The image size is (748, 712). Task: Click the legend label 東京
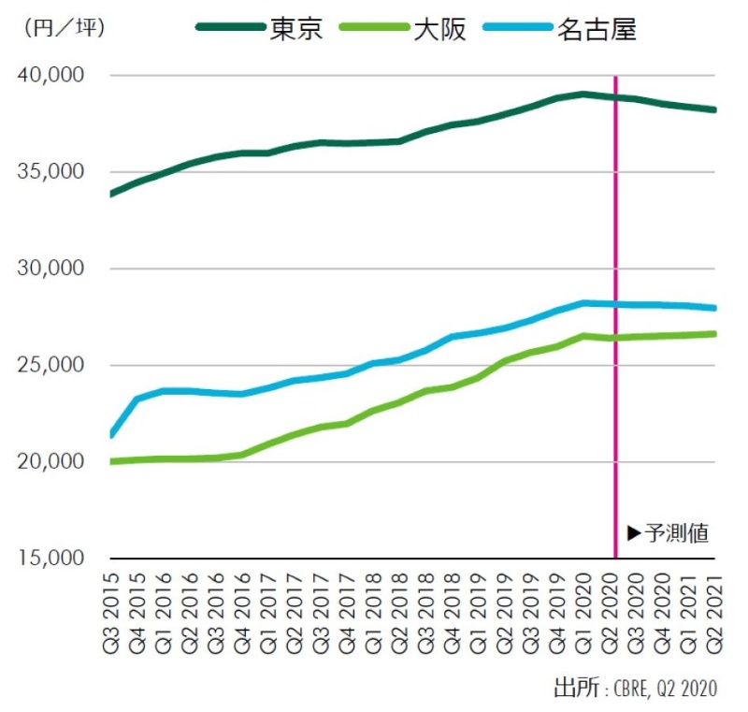coord(296,29)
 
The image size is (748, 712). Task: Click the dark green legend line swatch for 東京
coord(230,29)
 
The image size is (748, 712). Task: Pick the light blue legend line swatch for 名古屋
coord(517,29)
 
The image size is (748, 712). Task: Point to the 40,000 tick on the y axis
coord(52,75)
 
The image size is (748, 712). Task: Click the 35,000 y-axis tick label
coord(52,172)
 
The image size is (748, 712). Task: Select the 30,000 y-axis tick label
coord(52,269)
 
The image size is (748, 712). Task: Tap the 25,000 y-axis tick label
coord(52,366)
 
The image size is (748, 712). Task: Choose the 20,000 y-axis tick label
coord(52,462)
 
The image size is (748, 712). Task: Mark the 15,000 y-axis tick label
coord(52,559)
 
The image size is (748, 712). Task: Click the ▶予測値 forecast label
coord(668,533)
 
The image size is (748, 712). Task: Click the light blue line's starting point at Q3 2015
coord(112,434)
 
